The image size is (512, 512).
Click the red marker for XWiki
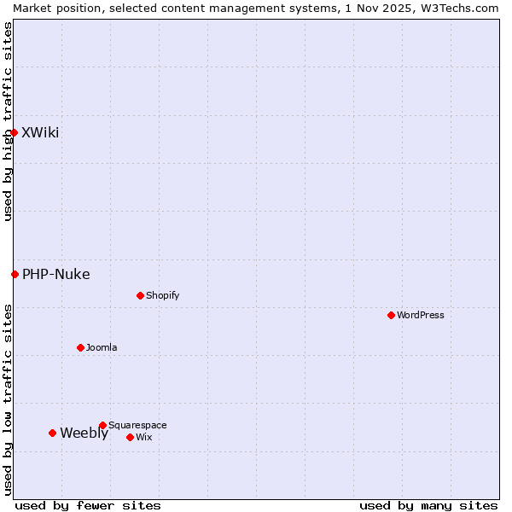click(14, 132)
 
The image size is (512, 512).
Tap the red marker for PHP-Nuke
click(15, 274)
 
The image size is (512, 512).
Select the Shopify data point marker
click(140, 295)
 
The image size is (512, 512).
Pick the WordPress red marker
click(391, 315)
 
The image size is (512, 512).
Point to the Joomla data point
click(80, 347)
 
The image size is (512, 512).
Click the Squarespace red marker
click(102, 425)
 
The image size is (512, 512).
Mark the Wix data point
click(130, 437)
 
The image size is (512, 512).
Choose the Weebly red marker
click(52, 433)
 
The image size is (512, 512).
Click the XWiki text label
click(40, 132)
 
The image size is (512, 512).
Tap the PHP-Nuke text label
click(55, 274)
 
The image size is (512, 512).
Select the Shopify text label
click(162, 295)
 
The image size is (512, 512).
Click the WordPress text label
click(420, 315)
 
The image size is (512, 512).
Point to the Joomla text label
click(102, 347)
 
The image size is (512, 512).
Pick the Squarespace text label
click(137, 425)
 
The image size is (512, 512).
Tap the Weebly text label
click(84, 433)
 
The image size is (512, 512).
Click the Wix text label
click(143, 437)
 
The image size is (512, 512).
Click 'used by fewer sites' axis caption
click(88, 505)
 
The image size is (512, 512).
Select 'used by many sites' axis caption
click(428, 505)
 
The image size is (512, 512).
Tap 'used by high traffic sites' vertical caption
click(8, 121)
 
